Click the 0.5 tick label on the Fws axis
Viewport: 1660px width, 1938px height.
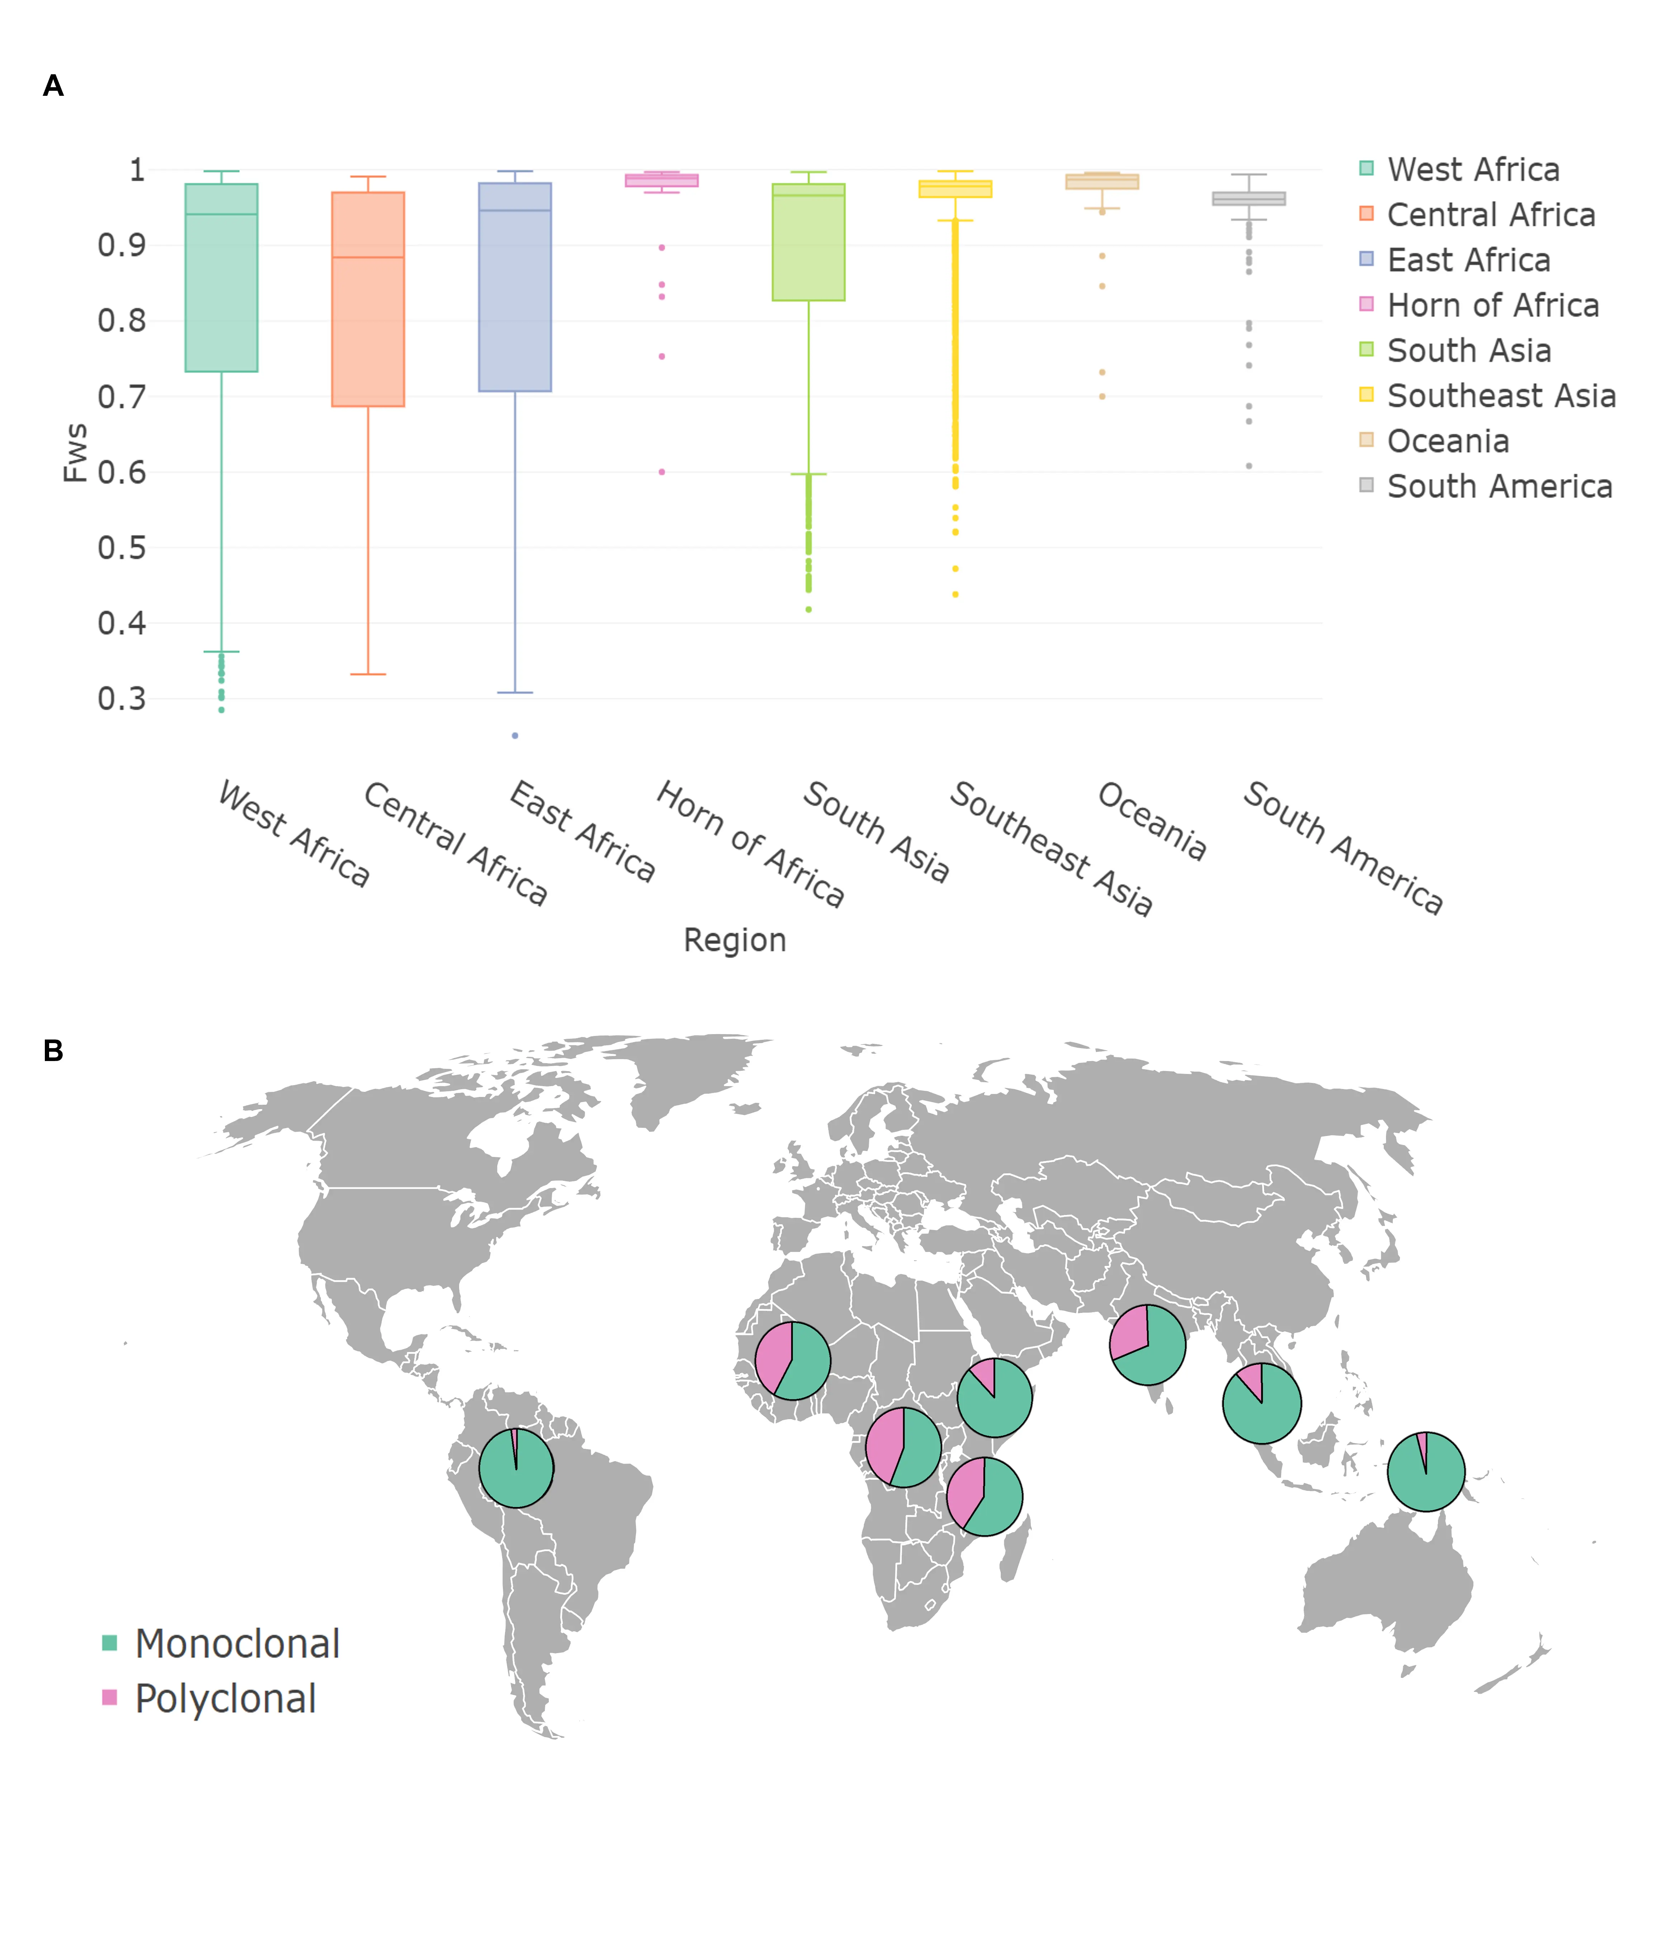tap(122, 547)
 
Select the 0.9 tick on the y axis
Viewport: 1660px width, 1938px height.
tap(122, 245)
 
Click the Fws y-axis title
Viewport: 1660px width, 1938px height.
tap(75, 453)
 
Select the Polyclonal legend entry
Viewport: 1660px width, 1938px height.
tap(225, 1698)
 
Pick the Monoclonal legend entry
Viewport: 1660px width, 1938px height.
tap(236, 1643)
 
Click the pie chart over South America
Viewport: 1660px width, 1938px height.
tap(516, 1468)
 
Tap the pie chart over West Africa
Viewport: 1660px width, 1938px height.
tap(792, 1360)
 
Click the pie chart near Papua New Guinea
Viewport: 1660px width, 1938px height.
tap(1425, 1471)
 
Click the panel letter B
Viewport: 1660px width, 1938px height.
tap(53, 1050)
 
